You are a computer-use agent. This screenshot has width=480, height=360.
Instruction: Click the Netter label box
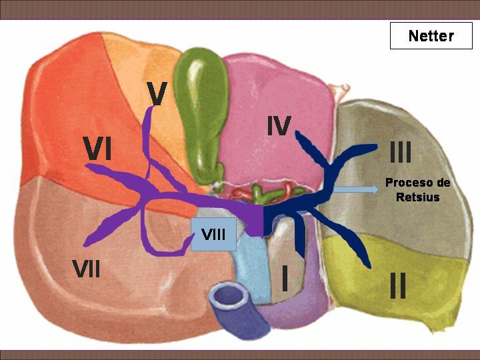click(x=431, y=35)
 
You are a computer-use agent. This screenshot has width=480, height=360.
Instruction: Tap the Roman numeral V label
click(x=157, y=93)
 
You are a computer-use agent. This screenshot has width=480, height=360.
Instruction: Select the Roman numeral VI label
click(x=98, y=149)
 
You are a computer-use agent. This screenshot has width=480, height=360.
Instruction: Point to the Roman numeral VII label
click(x=86, y=268)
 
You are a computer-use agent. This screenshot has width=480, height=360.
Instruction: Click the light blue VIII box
click(x=213, y=234)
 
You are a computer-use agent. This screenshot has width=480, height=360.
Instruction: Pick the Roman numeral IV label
click(x=279, y=125)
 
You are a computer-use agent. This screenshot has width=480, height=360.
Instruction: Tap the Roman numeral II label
click(x=398, y=285)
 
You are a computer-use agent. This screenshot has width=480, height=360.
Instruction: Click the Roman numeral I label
click(x=285, y=278)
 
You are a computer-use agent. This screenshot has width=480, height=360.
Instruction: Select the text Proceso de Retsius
click(x=418, y=189)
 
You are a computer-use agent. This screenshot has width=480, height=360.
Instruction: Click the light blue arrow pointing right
click(x=356, y=189)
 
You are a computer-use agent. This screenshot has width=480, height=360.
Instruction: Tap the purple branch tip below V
click(x=152, y=108)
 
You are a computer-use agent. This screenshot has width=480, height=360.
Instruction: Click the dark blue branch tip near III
click(x=375, y=147)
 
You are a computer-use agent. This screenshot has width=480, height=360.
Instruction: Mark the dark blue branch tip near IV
click(x=297, y=133)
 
